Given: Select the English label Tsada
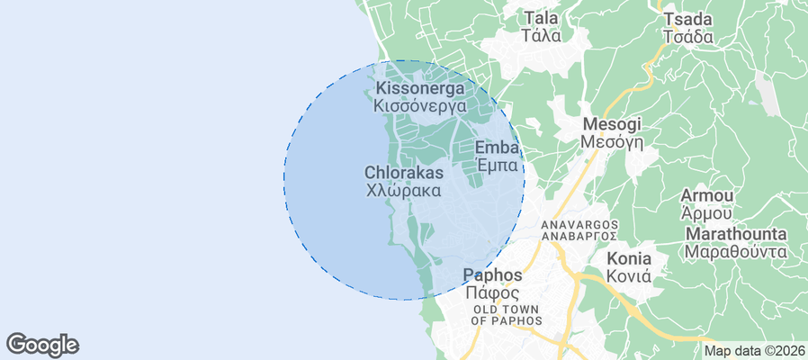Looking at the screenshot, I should click(x=687, y=20).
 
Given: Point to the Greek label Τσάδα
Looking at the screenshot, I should click(x=687, y=38).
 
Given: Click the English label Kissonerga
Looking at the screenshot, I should click(x=420, y=88).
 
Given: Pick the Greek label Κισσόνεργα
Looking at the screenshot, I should click(x=420, y=105).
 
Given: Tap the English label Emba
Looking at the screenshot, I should click(x=497, y=148).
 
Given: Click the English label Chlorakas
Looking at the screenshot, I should click(x=404, y=172).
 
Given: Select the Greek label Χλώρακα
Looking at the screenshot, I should click(x=404, y=191).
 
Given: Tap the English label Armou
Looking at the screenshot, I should click(x=707, y=195).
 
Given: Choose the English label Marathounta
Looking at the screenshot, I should click(x=735, y=234).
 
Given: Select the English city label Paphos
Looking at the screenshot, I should click(x=491, y=274).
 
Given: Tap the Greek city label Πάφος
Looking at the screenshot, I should click(x=491, y=293).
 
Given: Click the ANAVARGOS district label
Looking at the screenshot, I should click(x=579, y=223).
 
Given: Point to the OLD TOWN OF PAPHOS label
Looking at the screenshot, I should click(x=507, y=315).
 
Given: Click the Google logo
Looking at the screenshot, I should click(x=42, y=345).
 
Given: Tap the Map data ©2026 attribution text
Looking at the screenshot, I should click(x=754, y=351).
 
